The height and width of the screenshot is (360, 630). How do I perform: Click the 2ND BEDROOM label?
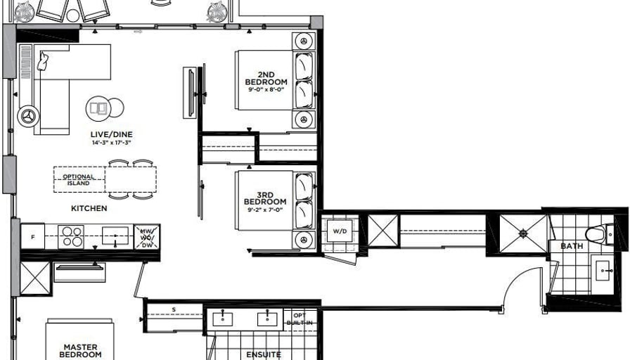tap(266, 78)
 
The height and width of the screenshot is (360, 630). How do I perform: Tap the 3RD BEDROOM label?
tap(265, 198)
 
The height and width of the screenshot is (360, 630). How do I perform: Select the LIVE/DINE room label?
tap(111, 134)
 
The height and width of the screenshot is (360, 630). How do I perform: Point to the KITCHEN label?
tap(89, 208)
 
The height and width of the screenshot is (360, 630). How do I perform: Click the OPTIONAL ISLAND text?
tap(79, 179)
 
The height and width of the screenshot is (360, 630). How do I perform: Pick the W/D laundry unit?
tap(340, 231)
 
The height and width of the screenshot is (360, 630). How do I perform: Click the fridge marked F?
tap(32, 237)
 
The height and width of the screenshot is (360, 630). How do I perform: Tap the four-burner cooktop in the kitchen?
tap(71, 236)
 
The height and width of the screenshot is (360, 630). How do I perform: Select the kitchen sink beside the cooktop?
tap(115, 236)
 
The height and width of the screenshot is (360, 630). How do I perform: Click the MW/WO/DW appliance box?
tap(147, 237)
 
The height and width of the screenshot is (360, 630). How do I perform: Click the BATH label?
tap(572, 246)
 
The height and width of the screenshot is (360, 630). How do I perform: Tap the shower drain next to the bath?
tap(522, 233)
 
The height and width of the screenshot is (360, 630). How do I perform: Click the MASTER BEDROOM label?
tap(80, 350)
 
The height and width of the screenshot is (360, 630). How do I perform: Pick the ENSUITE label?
tap(264, 354)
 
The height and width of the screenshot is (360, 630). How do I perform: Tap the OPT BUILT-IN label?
tap(300, 319)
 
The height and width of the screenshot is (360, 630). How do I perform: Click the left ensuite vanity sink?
tap(223, 319)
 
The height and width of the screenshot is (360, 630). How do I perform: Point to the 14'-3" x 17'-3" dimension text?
tap(111, 142)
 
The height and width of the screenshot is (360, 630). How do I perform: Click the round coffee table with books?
tap(98, 108)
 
